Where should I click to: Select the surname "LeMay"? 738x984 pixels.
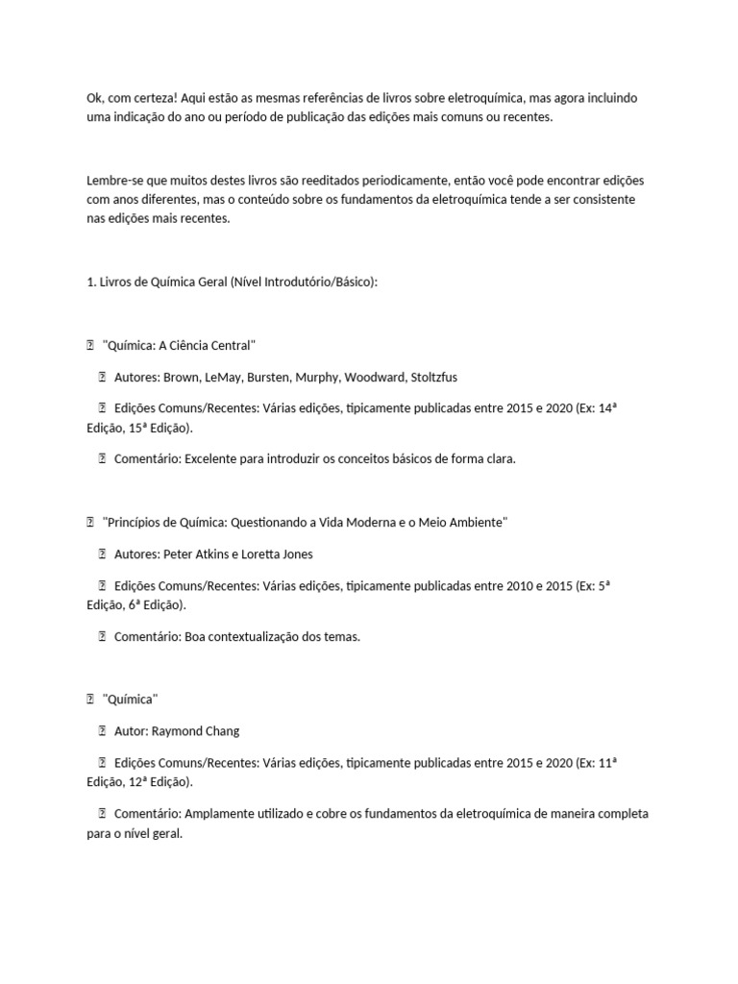pyautogui.click(x=241, y=377)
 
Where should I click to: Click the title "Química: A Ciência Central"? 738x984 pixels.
pyautogui.click(x=179, y=345)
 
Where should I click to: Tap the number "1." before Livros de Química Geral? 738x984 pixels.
pyautogui.click(x=91, y=282)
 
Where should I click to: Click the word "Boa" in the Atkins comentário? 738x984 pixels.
pyautogui.click(x=196, y=636)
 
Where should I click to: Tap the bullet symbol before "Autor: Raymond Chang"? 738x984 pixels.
pyautogui.click(x=101, y=731)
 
